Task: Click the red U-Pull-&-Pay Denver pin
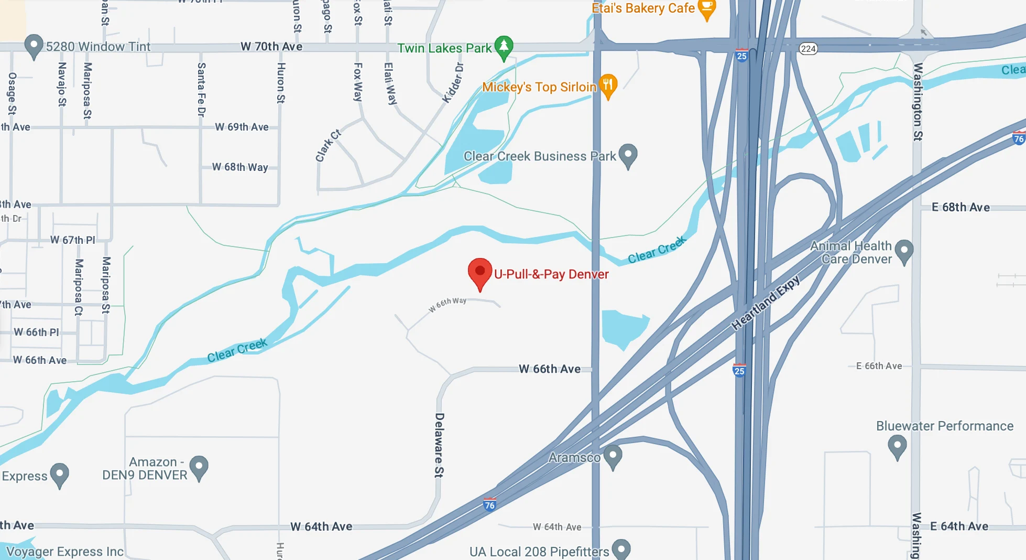pos(479,272)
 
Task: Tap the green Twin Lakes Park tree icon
pos(504,47)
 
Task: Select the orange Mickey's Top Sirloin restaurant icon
pos(608,85)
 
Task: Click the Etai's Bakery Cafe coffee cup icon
pos(707,8)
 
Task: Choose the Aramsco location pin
pos(613,456)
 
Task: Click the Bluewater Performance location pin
pos(897,446)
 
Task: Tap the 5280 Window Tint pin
pos(34,46)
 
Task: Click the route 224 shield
pos(808,49)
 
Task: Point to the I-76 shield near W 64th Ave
pos(489,505)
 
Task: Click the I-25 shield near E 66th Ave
pos(739,371)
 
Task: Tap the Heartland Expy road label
pos(766,303)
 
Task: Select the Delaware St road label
pos(439,445)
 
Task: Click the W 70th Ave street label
pos(271,47)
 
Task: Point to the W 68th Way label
pos(240,167)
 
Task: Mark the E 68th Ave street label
pos(960,207)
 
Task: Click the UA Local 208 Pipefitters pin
pos(621,548)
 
